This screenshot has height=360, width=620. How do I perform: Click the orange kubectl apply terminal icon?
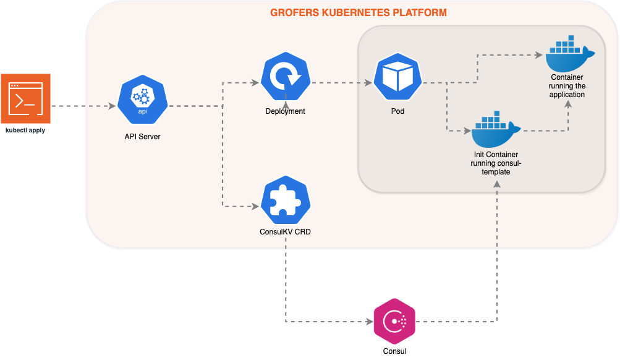(25, 99)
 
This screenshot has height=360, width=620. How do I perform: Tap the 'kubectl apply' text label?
(25, 131)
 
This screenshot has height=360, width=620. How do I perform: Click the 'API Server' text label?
(142, 136)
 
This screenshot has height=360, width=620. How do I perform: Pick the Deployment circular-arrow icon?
(285, 78)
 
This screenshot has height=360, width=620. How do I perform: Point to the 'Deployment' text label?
(285, 111)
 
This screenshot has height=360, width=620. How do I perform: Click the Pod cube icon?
(397, 78)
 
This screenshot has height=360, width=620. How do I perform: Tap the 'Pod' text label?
(397, 112)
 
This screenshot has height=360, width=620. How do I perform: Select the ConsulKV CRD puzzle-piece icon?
(285, 201)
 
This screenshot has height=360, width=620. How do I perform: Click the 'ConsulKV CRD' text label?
(285, 233)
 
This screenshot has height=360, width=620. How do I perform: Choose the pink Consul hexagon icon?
(394, 321)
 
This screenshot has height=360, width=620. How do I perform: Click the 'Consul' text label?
(394, 351)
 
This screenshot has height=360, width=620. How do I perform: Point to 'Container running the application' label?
(567, 86)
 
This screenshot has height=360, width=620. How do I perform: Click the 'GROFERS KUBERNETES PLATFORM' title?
(359, 12)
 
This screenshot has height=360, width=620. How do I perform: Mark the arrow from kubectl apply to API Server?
(83, 106)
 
